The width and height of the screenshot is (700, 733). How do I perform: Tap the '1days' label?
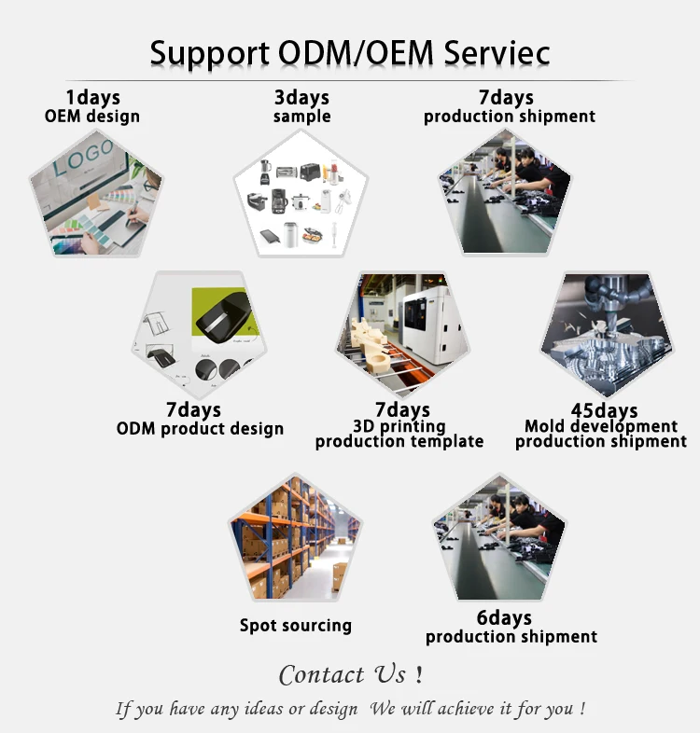click(92, 98)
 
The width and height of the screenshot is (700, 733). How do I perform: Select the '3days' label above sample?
click(301, 98)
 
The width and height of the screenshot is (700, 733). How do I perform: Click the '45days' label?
click(604, 410)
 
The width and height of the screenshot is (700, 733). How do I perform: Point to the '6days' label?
click(504, 618)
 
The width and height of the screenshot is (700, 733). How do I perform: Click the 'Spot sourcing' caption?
click(295, 626)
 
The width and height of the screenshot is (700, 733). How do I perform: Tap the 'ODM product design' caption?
click(200, 429)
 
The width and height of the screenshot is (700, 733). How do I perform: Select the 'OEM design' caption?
click(92, 117)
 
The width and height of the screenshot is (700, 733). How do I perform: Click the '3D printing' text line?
click(399, 426)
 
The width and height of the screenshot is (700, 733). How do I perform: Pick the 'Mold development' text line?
click(601, 426)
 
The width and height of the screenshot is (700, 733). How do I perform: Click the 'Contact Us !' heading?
click(351, 674)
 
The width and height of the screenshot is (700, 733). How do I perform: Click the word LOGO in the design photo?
click(83, 159)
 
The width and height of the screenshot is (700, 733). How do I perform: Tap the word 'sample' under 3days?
click(301, 117)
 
